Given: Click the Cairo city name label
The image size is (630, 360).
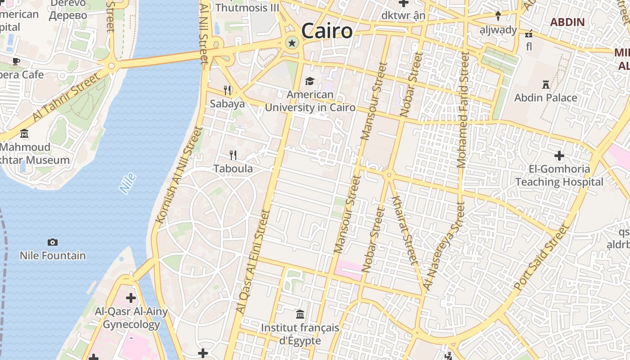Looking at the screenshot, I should click(x=327, y=31).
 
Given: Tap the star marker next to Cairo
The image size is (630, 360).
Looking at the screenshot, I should click(x=292, y=43).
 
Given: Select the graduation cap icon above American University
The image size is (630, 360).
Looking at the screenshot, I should click(x=310, y=81).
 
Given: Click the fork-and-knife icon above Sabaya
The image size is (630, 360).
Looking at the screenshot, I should click(x=227, y=90).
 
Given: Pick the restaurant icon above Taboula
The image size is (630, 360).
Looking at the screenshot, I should click(x=233, y=155).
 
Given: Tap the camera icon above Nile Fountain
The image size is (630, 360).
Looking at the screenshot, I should click(x=53, y=242).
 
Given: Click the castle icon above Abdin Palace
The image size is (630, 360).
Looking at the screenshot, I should click(x=546, y=84).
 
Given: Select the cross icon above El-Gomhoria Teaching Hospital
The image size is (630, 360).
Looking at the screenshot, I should click(x=559, y=156).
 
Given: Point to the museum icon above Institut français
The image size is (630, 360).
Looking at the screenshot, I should click(x=300, y=314).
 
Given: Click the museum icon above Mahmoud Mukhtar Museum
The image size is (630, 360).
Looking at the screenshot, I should click(x=24, y=134).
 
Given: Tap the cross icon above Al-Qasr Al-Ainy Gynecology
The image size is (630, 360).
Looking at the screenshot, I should click(x=131, y=298).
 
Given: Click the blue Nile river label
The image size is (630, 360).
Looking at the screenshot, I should click(x=128, y=184).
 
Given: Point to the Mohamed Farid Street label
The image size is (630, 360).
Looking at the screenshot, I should click(x=463, y=110).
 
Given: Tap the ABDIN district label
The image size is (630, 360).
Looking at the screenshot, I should click(x=567, y=22).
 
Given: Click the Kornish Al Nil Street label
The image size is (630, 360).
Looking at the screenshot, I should click(x=179, y=175).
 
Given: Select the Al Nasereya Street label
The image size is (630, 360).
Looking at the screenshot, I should click(x=443, y=246).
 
